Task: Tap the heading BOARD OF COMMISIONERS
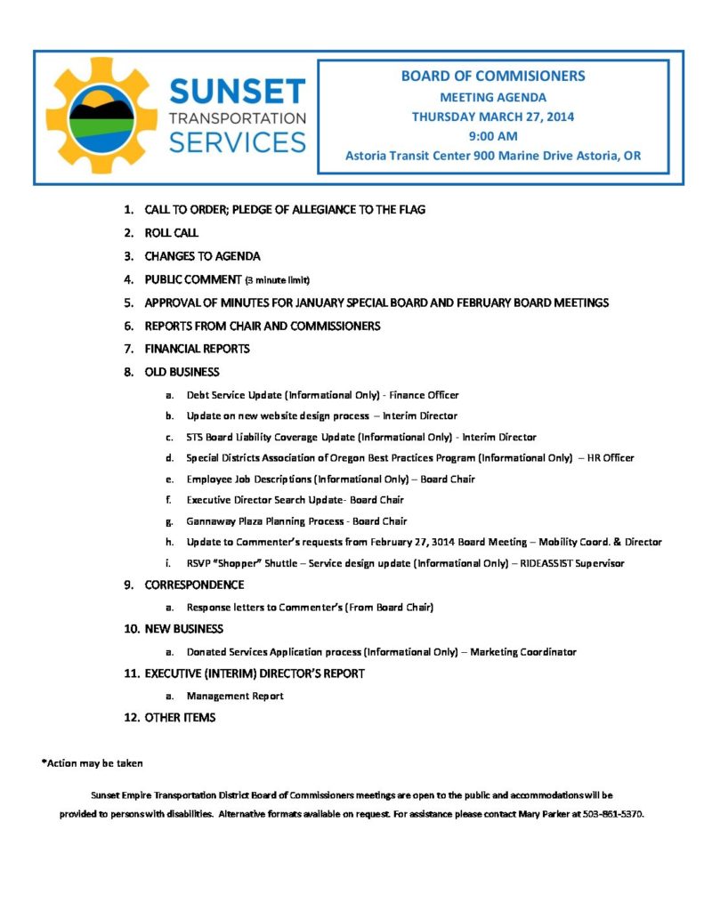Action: pyautogui.click(x=492, y=77)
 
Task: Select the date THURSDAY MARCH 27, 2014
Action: pyautogui.click(x=492, y=117)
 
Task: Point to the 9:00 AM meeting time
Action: pyautogui.click(x=492, y=136)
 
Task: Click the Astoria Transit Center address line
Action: pyautogui.click(x=492, y=156)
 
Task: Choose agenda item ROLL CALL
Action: pyautogui.click(x=172, y=233)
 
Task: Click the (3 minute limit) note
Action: pyautogui.click(x=278, y=280)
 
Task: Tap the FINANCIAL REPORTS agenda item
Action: pyautogui.click(x=197, y=349)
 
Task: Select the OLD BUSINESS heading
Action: pyautogui.click(x=182, y=372)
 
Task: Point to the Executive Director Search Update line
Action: pyautogui.click(x=295, y=500)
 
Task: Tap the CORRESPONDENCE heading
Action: pyautogui.click(x=194, y=585)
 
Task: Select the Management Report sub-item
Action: pyautogui.click(x=235, y=696)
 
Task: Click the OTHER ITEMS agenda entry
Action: pyautogui.click(x=180, y=717)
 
